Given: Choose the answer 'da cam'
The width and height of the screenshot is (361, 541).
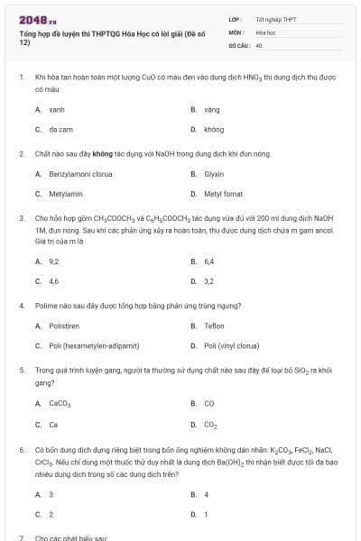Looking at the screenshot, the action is (60, 130).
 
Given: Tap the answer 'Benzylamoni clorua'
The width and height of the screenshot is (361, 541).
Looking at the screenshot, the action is (80, 173).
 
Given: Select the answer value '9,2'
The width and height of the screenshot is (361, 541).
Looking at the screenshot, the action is (54, 261).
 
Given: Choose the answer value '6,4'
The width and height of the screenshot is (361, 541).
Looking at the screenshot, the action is (208, 261).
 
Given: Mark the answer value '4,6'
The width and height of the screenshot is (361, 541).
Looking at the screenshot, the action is (54, 281).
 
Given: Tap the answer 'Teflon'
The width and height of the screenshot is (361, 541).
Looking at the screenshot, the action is (214, 326).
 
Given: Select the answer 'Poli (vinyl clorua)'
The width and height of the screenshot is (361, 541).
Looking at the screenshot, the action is (231, 345).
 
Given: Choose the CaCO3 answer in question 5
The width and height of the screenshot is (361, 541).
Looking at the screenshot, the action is (60, 403).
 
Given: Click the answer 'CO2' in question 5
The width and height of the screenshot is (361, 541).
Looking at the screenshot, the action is (210, 424).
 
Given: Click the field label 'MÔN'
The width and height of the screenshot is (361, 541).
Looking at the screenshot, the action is (236, 31).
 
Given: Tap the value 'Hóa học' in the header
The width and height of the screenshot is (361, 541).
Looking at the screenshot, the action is (265, 31).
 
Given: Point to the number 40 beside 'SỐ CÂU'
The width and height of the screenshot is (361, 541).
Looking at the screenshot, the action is (259, 43).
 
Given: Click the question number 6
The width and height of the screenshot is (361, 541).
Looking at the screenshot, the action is (21, 448).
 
